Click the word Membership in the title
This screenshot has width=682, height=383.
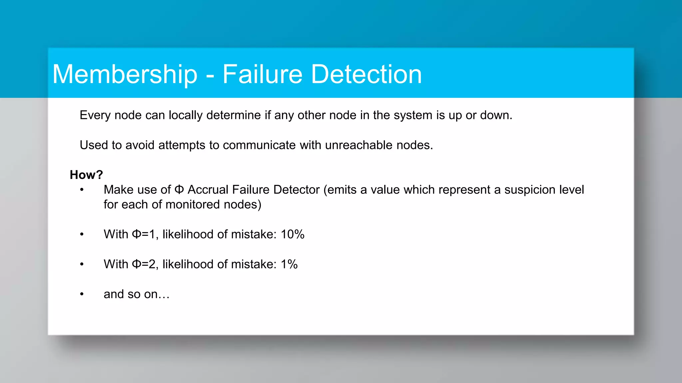pos(125,74)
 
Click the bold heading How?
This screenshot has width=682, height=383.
pos(86,175)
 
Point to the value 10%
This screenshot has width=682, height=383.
pos(292,234)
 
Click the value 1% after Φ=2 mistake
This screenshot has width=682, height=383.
pos(289,264)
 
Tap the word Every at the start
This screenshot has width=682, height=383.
pos(95,115)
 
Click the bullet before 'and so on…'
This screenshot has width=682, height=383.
pos(82,294)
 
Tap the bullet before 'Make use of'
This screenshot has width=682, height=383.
pos(82,190)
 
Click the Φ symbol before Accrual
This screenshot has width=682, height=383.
pos(179,190)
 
